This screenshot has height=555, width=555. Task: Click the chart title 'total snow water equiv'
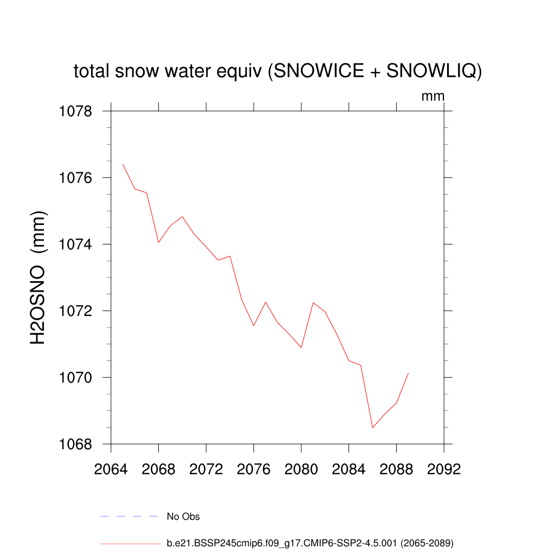tap(277, 71)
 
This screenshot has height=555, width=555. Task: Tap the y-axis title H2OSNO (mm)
tap(38, 277)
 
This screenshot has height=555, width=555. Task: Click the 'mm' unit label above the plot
tap(433, 96)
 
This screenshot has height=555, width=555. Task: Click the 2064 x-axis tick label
tap(111, 469)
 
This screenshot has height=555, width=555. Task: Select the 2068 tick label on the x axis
tap(159, 469)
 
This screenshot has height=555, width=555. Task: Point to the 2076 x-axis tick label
tap(254, 469)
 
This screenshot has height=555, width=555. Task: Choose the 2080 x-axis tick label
tap(301, 469)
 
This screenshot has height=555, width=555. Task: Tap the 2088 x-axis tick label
tap(396, 469)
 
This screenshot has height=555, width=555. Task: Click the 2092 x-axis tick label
tap(444, 469)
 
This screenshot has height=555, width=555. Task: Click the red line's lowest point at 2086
tap(372, 428)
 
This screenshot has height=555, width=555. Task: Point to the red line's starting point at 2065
tap(123, 164)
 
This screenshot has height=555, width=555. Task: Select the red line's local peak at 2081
tap(313, 302)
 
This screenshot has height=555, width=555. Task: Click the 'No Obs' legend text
tap(183, 517)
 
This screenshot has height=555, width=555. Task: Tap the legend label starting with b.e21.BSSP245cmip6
tap(309, 543)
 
